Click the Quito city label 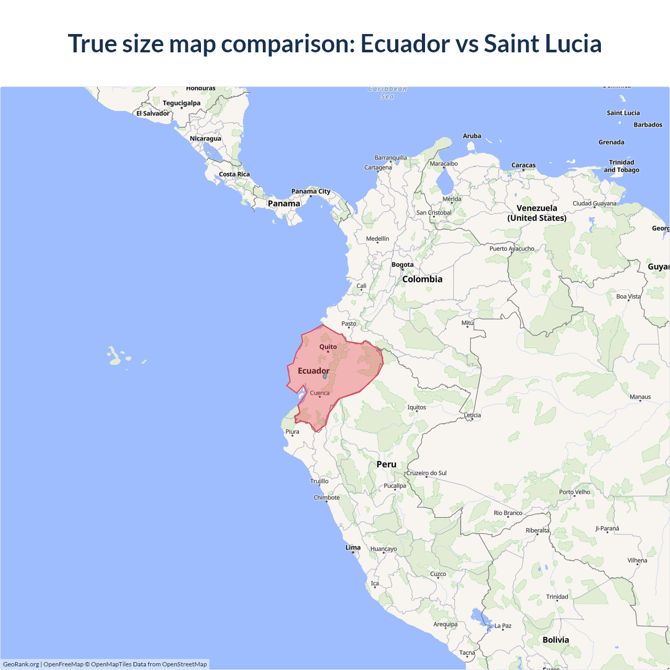pyautogui.click(x=328, y=347)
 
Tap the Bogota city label pyautogui.click(x=403, y=265)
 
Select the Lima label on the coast pyautogui.click(x=353, y=548)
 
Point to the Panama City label pyautogui.click(x=311, y=192)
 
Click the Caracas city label pyautogui.click(x=523, y=165)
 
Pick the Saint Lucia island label pyautogui.click(x=623, y=113)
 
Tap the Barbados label pyautogui.click(x=648, y=125)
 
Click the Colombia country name pyautogui.click(x=422, y=280)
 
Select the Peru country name pyautogui.click(x=386, y=464)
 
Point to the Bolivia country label pyautogui.click(x=555, y=640)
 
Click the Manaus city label pyautogui.click(x=640, y=397)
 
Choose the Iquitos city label pyautogui.click(x=417, y=407)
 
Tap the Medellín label pyautogui.click(x=377, y=239)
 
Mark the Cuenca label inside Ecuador pyautogui.click(x=320, y=393)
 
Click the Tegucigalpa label pyautogui.click(x=181, y=103)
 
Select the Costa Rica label pyautogui.click(x=234, y=174)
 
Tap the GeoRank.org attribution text pyautogui.click(x=21, y=664)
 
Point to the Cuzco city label pyautogui.click(x=438, y=574)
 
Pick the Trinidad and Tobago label pyautogui.click(x=621, y=166)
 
